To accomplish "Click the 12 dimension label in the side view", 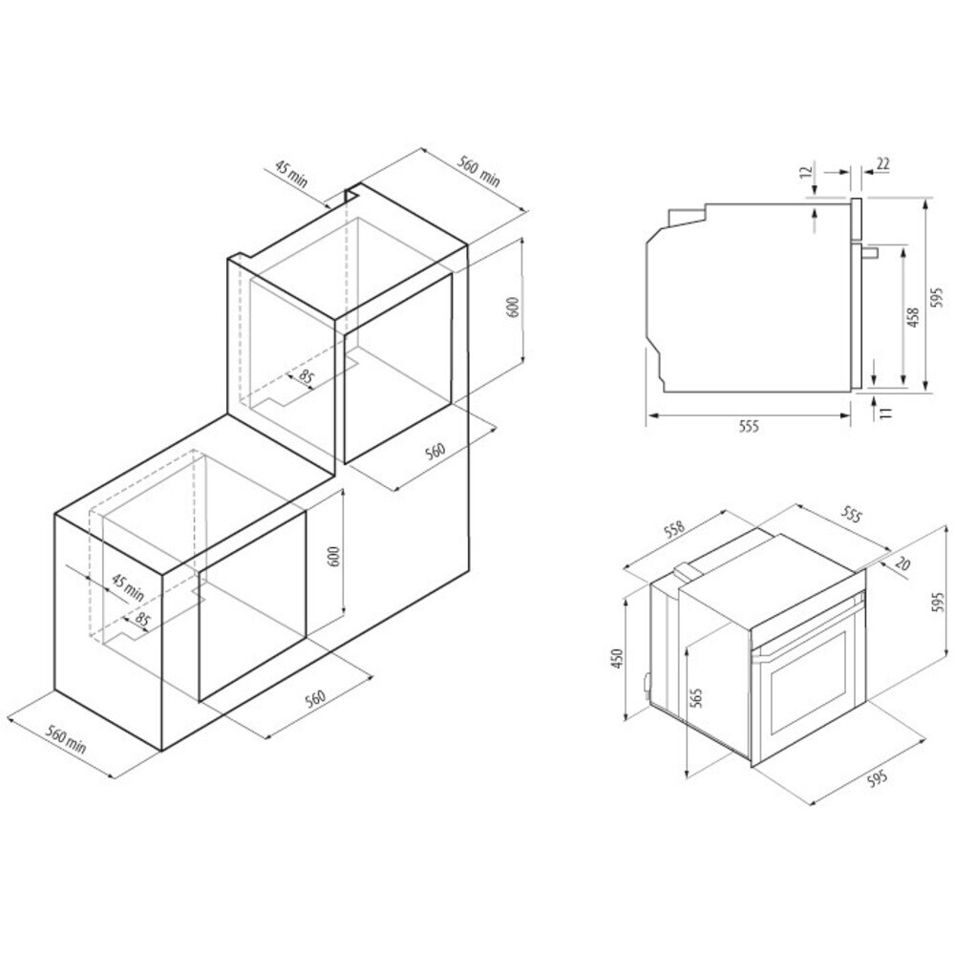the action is tap(808, 172).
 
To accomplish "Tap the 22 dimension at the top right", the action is tap(883, 163).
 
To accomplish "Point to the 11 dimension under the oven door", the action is tap(886, 413).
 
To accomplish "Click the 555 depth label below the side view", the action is tap(749, 426).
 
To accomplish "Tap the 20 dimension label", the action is tap(902, 564).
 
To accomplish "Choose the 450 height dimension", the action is tap(618, 659).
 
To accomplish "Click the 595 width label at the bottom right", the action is tap(877, 780).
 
